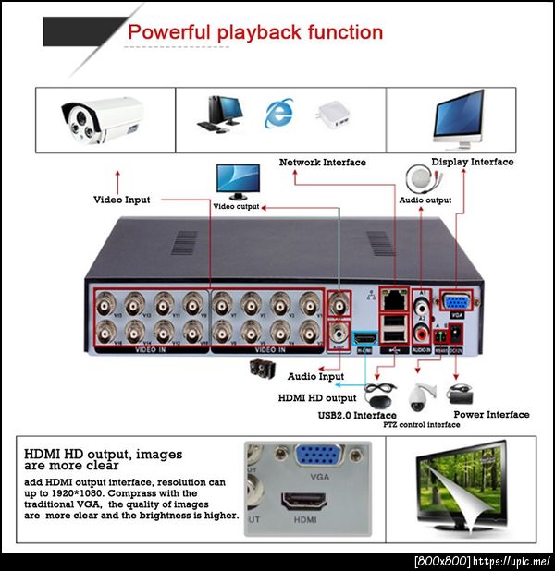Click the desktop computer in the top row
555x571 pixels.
(216, 114)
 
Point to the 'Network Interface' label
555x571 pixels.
(322, 163)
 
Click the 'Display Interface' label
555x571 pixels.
(472, 162)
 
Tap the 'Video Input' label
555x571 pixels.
(121, 200)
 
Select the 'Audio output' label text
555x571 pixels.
(425, 200)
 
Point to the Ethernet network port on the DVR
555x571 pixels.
(394, 298)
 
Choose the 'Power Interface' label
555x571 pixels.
(491, 415)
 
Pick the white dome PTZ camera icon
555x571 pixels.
(423, 395)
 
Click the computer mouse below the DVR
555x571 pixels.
(378, 396)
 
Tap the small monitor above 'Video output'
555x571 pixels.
(237, 180)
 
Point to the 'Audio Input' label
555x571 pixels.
(315, 377)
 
